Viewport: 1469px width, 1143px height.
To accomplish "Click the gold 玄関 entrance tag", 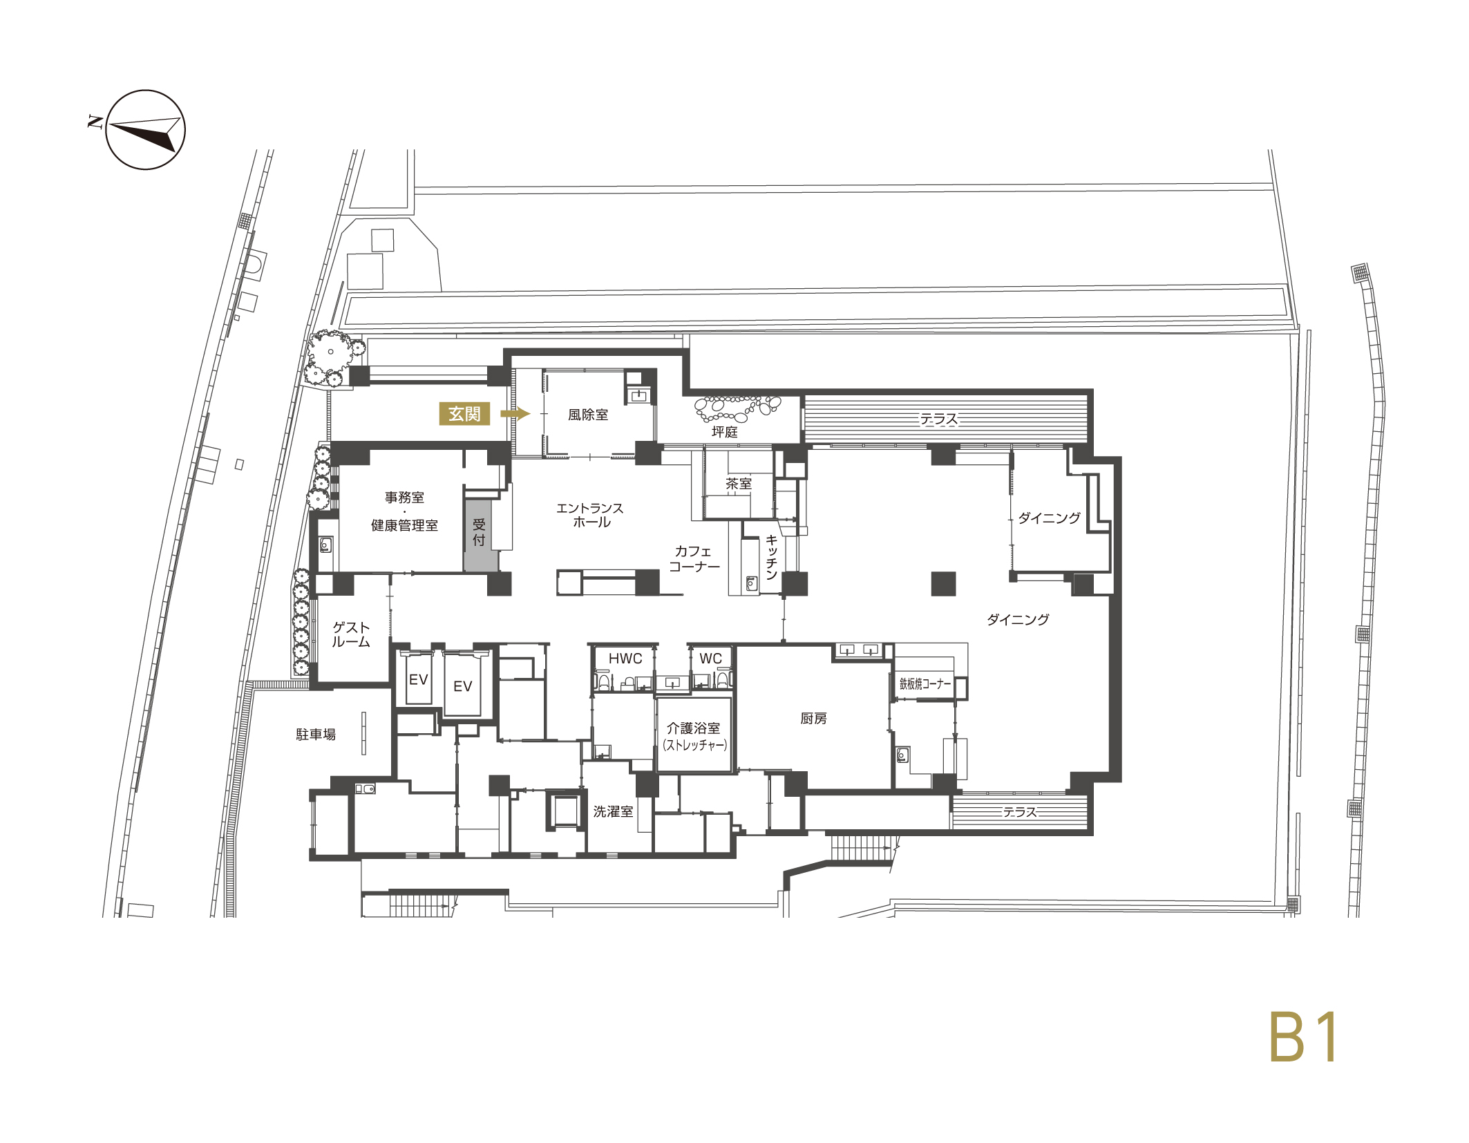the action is (x=464, y=413).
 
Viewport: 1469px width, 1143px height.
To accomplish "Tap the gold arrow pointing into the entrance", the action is (x=515, y=413).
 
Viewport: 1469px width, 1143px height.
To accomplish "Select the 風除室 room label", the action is (x=588, y=415).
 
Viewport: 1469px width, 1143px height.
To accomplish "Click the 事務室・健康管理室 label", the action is (x=404, y=511).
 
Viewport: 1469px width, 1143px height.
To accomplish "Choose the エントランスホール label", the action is (x=590, y=516).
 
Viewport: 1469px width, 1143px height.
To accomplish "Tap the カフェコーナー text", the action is (x=694, y=558).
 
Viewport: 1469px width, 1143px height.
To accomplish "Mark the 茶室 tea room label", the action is (x=739, y=484).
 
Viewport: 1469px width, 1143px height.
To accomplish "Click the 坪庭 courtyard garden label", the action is (x=725, y=432).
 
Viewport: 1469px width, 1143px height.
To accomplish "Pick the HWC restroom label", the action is (x=625, y=659).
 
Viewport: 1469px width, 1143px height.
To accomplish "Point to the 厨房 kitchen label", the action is (x=813, y=719).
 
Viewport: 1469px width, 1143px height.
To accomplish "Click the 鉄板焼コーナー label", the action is (x=925, y=683).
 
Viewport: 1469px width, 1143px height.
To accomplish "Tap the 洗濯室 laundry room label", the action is (x=613, y=811).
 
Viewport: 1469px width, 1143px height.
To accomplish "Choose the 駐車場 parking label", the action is (x=316, y=735).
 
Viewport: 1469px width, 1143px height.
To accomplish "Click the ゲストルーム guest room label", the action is (x=351, y=634).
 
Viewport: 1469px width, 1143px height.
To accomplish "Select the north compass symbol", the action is (x=145, y=130).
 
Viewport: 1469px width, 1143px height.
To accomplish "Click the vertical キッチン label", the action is (x=772, y=557).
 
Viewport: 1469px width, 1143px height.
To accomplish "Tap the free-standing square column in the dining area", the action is (x=943, y=584).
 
